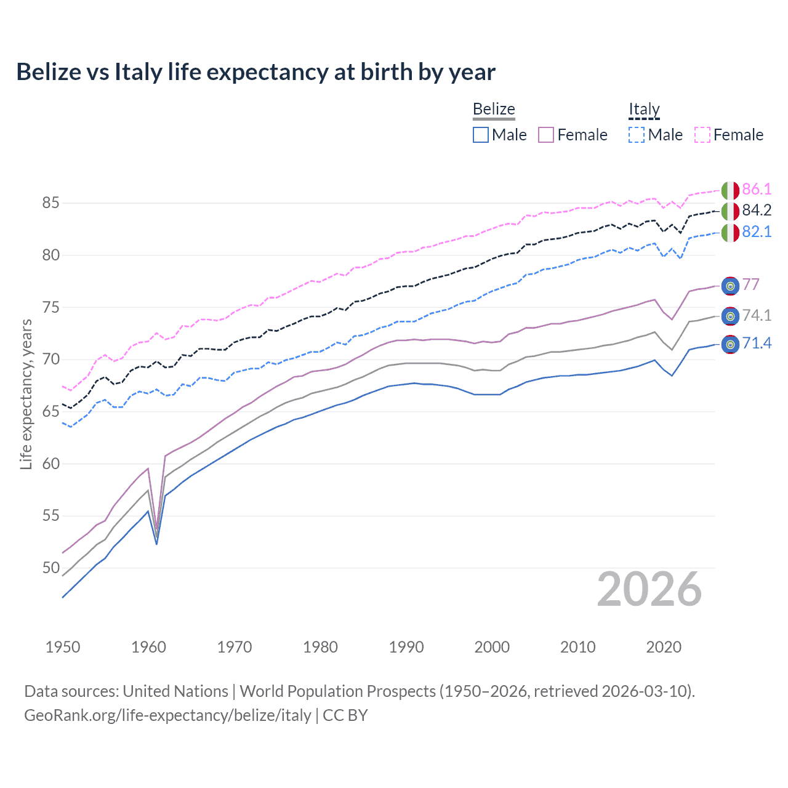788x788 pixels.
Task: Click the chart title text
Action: (255, 72)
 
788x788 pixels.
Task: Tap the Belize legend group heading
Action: (494, 109)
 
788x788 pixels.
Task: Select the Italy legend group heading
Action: (644, 110)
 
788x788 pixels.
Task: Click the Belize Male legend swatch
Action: (481, 135)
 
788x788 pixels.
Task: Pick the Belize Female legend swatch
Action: (546, 135)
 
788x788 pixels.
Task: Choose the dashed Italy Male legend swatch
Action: (637, 135)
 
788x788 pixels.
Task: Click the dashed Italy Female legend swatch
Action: (702, 135)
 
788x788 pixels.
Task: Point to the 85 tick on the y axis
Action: (51, 203)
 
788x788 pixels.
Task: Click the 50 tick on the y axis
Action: (51, 568)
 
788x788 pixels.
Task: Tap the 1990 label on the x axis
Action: (406, 647)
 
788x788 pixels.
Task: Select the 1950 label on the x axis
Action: (63, 647)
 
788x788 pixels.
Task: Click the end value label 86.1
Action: (757, 189)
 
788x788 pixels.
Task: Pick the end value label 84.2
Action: (757, 211)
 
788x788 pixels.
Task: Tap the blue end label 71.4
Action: (757, 344)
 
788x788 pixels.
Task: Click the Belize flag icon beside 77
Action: (730, 286)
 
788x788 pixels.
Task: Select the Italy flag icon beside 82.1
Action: (730, 233)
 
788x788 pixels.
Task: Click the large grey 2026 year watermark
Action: (649, 589)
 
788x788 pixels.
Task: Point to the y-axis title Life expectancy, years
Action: (26, 395)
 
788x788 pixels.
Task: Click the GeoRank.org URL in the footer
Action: (167, 715)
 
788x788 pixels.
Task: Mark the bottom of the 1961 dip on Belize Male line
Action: (156, 544)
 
